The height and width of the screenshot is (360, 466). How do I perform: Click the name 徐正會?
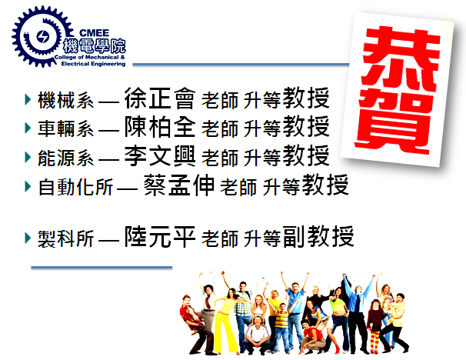pos(160,98)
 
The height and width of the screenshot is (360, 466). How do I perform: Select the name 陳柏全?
pos(160,127)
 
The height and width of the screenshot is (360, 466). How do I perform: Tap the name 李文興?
pos(160,155)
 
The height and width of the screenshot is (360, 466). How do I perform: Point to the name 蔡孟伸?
pos(179,185)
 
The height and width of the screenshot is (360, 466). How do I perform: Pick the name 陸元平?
pos(160,236)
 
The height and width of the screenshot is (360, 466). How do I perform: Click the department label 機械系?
pos(65,100)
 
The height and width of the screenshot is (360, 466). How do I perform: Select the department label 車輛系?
pos(65,128)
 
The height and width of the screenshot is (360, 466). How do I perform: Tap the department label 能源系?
pos(65,158)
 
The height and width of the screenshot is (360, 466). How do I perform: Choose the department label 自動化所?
pos(75,187)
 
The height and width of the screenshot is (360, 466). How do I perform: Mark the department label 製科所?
pos(65,238)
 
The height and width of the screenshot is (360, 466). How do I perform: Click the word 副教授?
pos(318,236)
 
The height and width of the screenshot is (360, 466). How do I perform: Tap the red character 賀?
pos(393,122)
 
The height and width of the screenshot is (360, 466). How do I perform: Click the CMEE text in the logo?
pos(95,33)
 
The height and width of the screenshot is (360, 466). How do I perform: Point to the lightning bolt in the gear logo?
pos(42,37)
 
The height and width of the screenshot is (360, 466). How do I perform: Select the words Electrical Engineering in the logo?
pos(93,64)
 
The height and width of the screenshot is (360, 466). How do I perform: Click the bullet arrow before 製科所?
pos(28,238)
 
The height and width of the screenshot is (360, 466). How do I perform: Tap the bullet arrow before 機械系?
pos(28,99)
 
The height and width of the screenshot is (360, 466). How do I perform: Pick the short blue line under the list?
pos(102,268)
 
